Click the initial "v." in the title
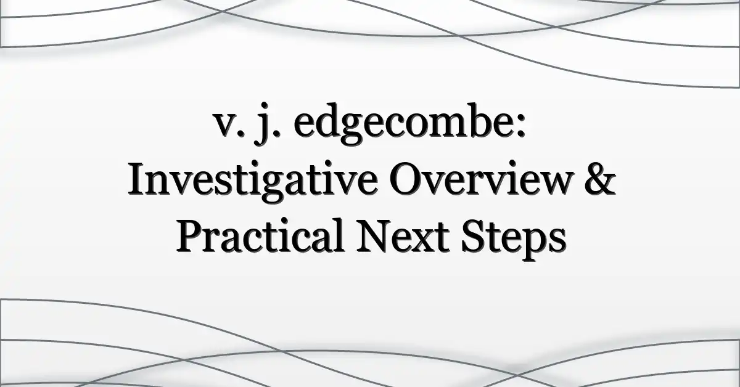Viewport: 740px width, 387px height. point(228,127)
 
